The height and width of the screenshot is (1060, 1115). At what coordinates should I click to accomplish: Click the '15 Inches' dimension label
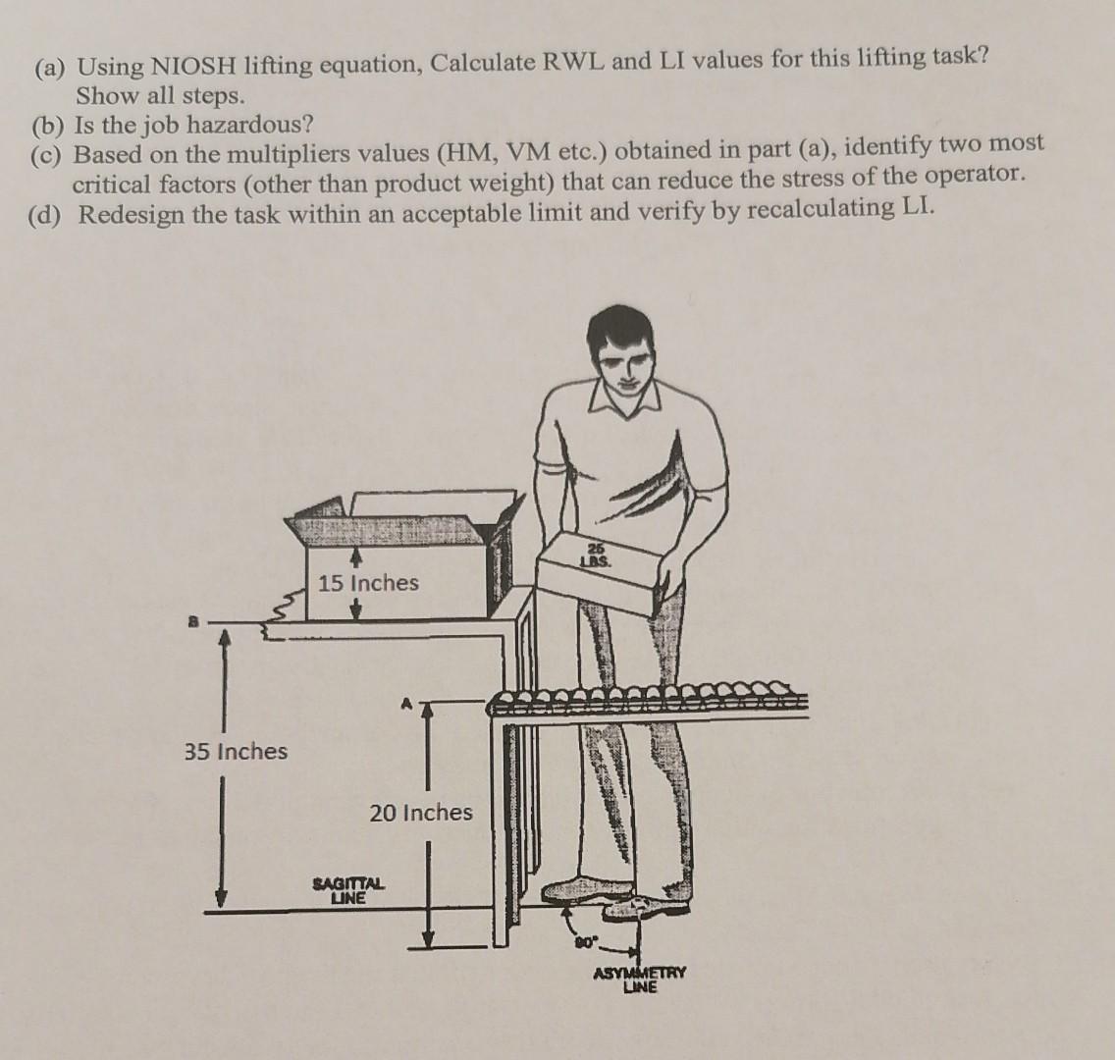[x=368, y=583]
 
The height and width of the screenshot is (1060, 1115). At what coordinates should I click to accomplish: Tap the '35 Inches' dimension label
[x=237, y=751]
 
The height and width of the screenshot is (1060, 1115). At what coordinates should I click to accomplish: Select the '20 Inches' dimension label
[x=421, y=812]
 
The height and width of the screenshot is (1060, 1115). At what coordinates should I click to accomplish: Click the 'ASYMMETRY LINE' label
[x=640, y=979]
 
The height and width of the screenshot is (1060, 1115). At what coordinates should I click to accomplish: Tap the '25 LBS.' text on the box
[x=598, y=555]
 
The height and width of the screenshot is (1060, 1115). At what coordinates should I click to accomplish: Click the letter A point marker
[x=406, y=704]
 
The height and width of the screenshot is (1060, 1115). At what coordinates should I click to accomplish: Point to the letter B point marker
[x=191, y=621]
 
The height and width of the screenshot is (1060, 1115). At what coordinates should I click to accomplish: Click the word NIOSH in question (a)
[x=191, y=66]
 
